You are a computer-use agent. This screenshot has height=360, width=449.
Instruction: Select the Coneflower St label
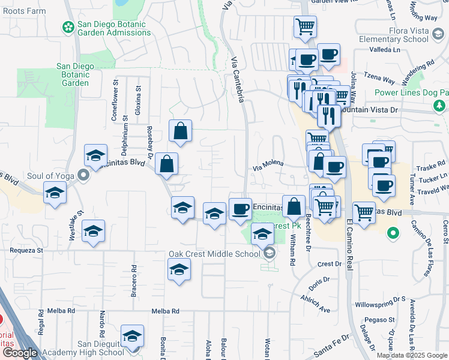(x=115, y=101)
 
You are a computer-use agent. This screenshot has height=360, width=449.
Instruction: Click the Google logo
(x=19, y=353)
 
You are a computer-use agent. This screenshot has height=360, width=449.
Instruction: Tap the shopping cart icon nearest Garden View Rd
(x=305, y=26)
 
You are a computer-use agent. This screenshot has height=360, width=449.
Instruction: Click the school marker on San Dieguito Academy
(x=132, y=337)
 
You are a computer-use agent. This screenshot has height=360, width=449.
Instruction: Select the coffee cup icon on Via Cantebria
(x=240, y=208)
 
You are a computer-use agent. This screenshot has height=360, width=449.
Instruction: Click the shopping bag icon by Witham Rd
(x=294, y=207)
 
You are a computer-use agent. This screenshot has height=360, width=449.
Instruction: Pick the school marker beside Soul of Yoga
(x=55, y=193)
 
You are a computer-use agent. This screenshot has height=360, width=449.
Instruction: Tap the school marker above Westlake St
(x=93, y=231)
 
